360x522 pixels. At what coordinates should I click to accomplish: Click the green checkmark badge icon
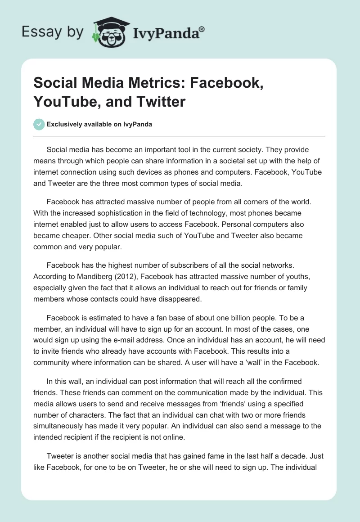(x=39, y=124)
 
